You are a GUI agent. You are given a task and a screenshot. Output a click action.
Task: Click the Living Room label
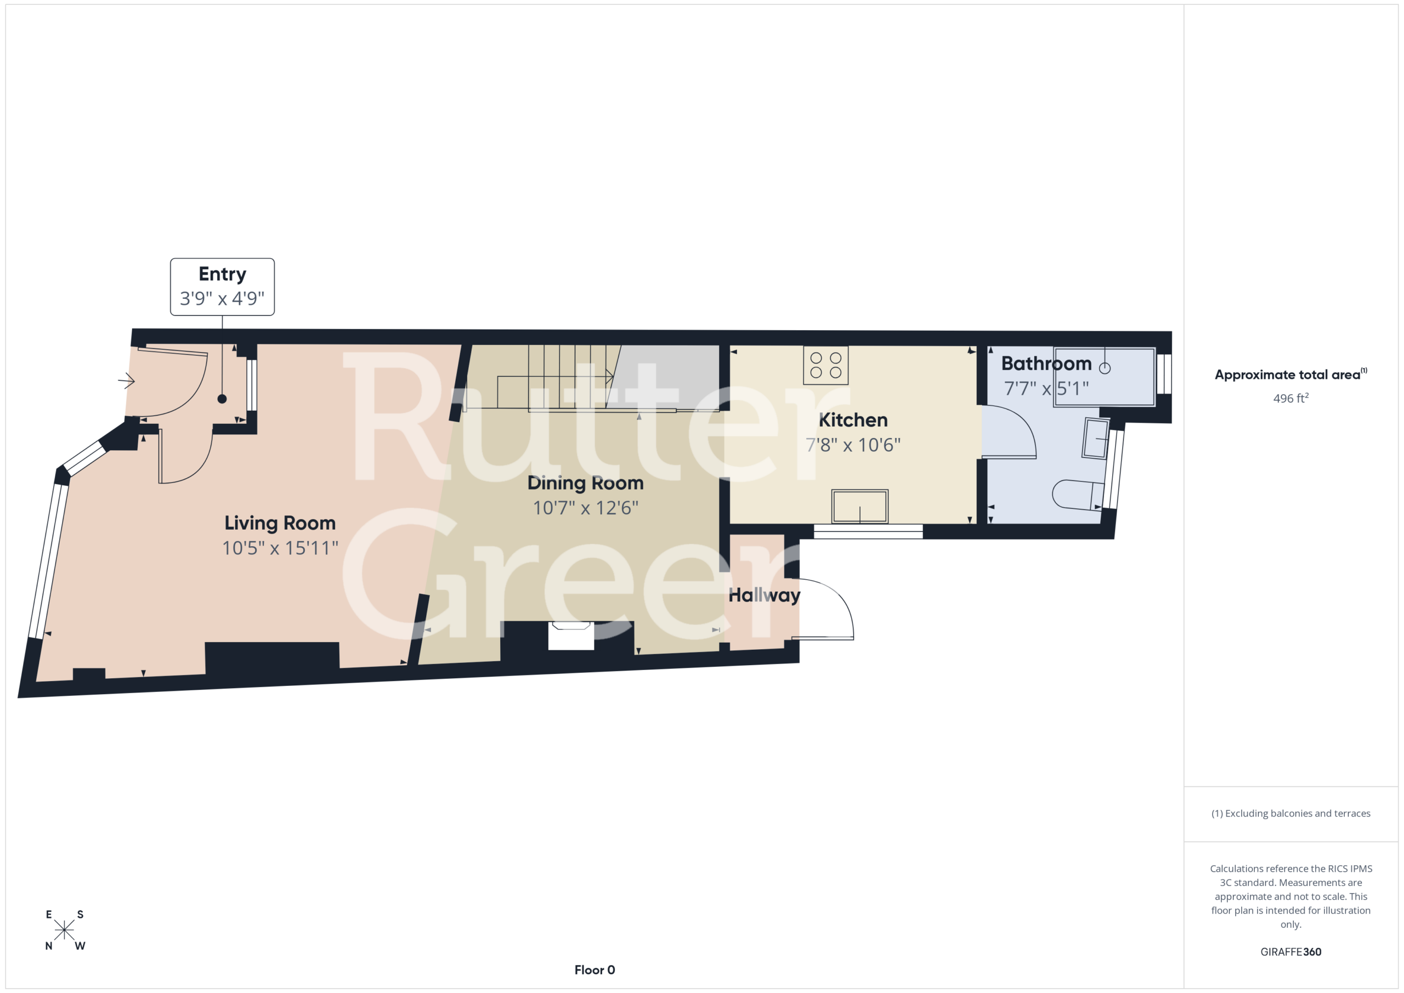click(x=280, y=524)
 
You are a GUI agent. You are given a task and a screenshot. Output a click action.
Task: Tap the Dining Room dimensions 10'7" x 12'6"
click(x=585, y=508)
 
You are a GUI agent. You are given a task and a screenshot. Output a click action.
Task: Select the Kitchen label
click(x=853, y=420)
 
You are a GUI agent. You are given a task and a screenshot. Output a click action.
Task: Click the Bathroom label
click(x=1046, y=364)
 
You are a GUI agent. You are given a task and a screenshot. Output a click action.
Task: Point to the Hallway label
click(x=765, y=595)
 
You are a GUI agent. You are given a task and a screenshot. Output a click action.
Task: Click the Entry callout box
click(x=222, y=287)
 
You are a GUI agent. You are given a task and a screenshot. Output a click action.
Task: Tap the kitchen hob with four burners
click(x=825, y=365)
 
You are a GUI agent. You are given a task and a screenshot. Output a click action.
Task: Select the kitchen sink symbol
click(x=860, y=506)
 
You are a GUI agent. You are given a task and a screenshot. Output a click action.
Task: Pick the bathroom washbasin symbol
click(x=1096, y=438)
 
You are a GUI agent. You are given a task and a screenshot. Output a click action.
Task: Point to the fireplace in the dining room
click(x=571, y=636)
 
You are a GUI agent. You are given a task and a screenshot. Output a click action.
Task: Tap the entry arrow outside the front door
click(x=127, y=381)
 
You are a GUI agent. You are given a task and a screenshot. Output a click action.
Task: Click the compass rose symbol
click(x=64, y=930)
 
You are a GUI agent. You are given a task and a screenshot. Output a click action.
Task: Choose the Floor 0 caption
click(x=595, y=970)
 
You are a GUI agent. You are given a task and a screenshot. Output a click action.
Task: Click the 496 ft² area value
click(x=1290, y=398)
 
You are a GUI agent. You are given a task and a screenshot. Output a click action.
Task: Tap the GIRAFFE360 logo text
click(x=1291, y=951)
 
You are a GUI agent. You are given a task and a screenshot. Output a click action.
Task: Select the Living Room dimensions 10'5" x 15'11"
click(x=280, y=548)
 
